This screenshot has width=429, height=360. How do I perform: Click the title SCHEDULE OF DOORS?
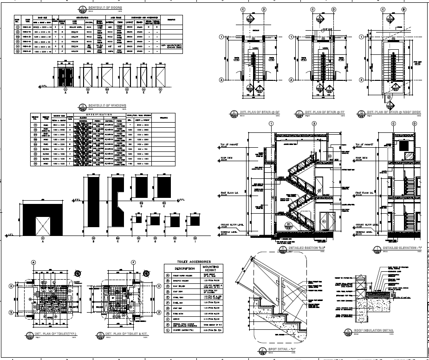101,8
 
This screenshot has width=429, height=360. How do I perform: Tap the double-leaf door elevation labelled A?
65,75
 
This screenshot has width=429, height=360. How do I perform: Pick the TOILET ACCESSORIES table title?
194,262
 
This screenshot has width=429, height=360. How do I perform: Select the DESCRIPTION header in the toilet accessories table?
181,269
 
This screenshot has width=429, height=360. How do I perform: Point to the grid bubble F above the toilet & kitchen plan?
133,262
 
